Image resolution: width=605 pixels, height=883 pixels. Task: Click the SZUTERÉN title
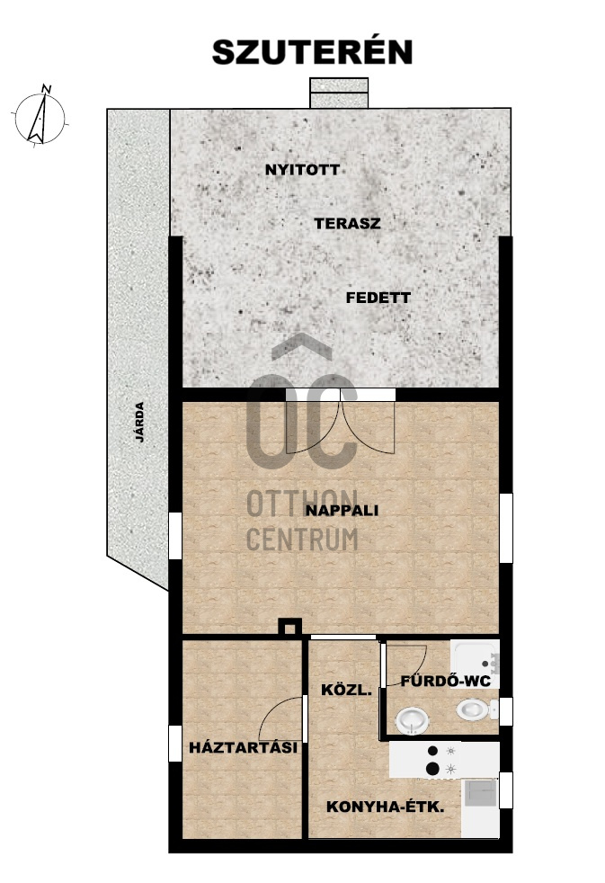[x=312, y=52]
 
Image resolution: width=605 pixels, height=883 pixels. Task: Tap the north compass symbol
[x=40, y=117]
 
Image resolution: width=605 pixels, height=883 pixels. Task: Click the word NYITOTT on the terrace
[x=302, y=170]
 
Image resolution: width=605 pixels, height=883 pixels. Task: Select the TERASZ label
[x=347, y=224]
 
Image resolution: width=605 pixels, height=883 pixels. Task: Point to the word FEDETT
[x=378, y=298]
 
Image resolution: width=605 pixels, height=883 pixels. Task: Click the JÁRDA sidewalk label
[x=139, y=422]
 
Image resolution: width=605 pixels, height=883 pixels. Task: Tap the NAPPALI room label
[x=342, y=511]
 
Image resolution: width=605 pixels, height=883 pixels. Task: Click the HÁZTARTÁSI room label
[x=243, y=747]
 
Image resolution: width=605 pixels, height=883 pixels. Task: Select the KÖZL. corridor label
[x=347, y=690]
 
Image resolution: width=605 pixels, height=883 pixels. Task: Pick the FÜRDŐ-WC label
[x=446, y=681]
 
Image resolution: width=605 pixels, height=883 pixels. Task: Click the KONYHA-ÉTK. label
[x=386, y=807]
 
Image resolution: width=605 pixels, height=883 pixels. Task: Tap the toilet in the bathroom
[x=476, y=709]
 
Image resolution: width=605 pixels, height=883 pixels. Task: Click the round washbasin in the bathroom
[x=413, y=721]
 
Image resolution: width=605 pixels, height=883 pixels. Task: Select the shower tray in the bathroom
[x=475, y=656]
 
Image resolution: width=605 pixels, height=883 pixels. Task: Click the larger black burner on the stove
[x=432, y=768]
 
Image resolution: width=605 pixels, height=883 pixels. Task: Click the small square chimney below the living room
[x=290, y=627]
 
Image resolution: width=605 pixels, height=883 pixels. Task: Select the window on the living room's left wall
[x=175, y=536]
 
